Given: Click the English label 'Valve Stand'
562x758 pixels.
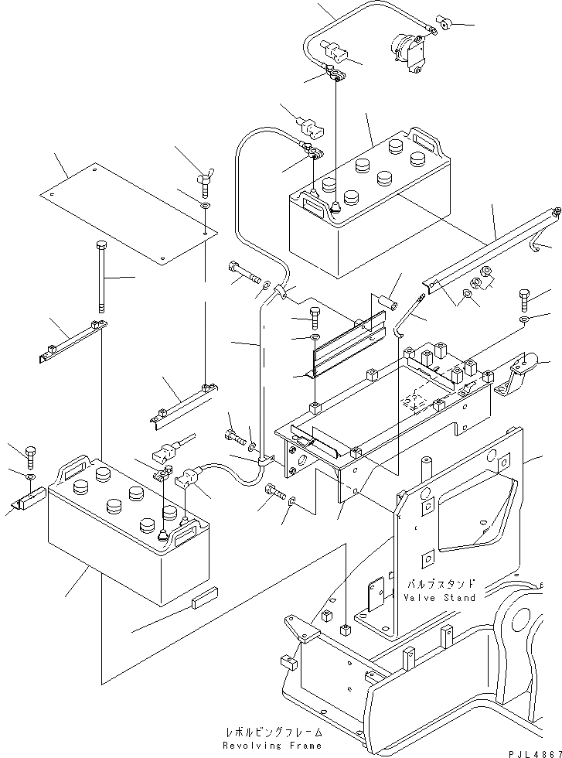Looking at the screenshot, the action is coord(440,597).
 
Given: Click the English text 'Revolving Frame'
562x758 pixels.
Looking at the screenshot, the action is coord(272,746).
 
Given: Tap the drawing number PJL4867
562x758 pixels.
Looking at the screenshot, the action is coord(535,753).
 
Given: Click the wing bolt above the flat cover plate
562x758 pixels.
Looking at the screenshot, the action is coord(205,182).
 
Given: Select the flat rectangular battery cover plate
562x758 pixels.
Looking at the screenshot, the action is coord(128,213).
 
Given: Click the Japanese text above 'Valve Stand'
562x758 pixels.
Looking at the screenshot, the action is coord(440,583).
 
